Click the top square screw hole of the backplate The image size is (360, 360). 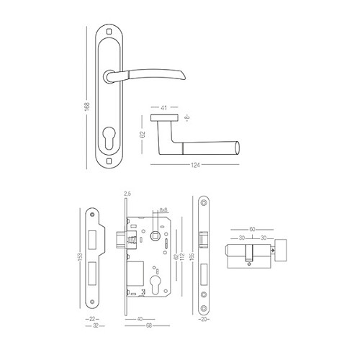tap(110, 31)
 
